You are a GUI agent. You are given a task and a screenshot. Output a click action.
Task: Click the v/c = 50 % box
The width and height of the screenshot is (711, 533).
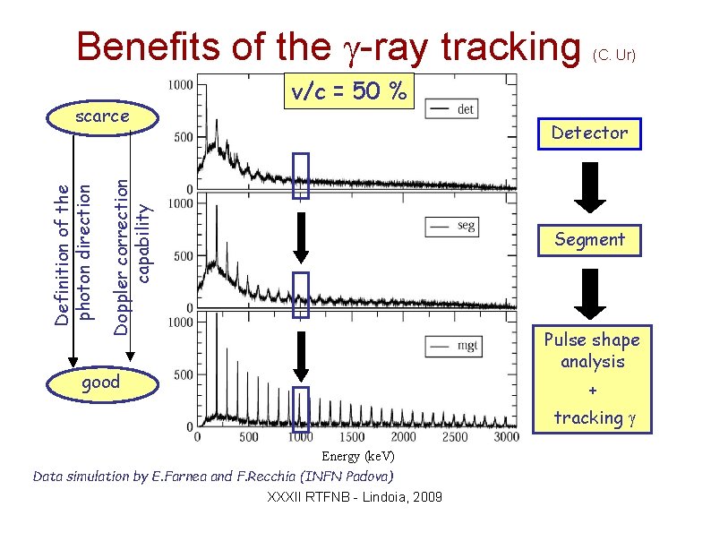[x=349, y=90]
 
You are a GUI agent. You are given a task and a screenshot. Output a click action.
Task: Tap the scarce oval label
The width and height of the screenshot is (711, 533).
[x=102, y=116]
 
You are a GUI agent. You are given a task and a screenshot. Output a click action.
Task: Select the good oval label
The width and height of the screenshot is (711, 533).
[x=100, y=382]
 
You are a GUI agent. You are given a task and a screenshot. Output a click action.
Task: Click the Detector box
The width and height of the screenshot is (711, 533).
[x=589, y=133]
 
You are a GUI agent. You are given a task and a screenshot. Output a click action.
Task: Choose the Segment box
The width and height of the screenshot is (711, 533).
[x=589, y=239]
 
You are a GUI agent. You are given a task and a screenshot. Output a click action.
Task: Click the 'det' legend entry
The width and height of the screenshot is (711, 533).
[x=453, y=109]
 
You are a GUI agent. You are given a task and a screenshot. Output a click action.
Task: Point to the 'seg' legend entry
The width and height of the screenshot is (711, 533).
[x=453, y=227]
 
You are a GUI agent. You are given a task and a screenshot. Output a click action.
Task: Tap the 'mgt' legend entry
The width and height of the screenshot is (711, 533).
[x=453, y=344]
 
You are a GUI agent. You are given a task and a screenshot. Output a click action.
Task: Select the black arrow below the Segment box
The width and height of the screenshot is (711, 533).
[x=589, y=293]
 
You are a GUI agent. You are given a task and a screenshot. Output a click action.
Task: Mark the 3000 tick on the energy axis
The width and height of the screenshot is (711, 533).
[x=506, y=437]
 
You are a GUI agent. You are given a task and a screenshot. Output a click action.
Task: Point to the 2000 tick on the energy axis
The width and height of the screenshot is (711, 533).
[x=403, y=437]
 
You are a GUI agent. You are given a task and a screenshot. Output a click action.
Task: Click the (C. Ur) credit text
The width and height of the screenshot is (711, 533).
[x=614, y=55]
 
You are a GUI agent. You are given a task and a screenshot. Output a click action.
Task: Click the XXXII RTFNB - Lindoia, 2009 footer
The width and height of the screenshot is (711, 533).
[x=355, y=496]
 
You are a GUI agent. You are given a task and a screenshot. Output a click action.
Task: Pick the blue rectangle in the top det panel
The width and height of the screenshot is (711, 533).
[x=301, y=175]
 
